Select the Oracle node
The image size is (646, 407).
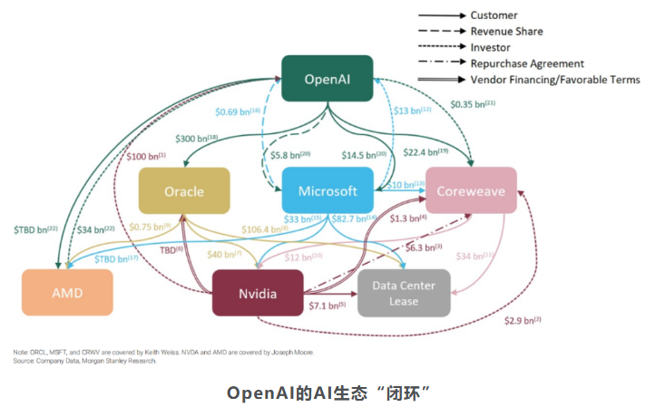(x=183, y=192)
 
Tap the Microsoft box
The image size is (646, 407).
(x=327, y=192)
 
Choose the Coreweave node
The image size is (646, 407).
(x=471, y=191)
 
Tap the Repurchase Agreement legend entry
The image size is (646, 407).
(x=527, y=63)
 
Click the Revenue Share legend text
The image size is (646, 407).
(x=507, y=32)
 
